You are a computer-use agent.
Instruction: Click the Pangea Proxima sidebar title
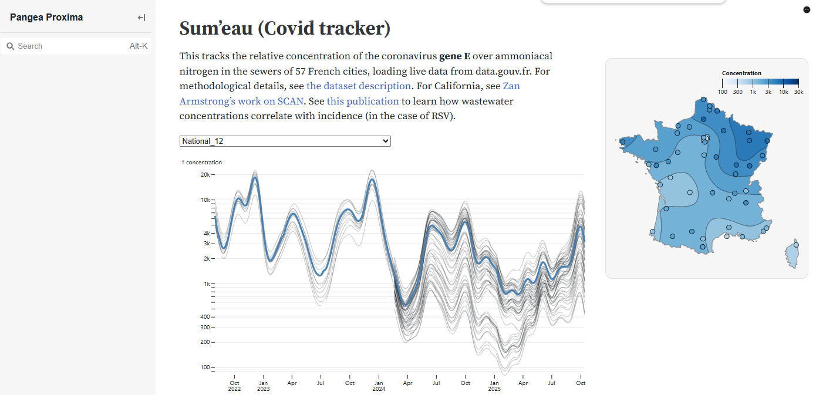click(46, 18)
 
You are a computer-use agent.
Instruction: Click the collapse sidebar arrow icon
click(141, 18)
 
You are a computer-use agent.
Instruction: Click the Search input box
click(70, 46)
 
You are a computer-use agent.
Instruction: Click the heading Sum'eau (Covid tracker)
click(285, 28)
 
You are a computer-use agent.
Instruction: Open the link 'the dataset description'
click(359, 86)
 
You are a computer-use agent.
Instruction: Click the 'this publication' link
click(363, 101)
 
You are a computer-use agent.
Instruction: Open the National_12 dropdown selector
click(285, 141)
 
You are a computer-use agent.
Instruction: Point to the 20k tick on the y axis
click(205, 175)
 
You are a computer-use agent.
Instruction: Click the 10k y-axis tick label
click(205, 200)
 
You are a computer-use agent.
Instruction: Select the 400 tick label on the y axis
click(204, 317)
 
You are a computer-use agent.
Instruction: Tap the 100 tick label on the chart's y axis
click(205, 367)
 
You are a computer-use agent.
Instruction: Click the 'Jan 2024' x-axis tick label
click(379, 386)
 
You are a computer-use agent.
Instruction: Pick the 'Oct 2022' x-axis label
click(234, 386)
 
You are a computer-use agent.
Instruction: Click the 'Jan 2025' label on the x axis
click(494, 386)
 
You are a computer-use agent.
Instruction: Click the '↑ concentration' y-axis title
click(201, 163)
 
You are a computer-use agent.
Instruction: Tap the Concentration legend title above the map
click(741, 73)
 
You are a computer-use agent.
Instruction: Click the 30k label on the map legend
click(798, 92)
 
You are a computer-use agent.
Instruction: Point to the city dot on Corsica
click(796, 245)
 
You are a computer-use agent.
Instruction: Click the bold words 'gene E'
click(454, 56)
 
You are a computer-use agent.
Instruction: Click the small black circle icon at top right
click(807, 10)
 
